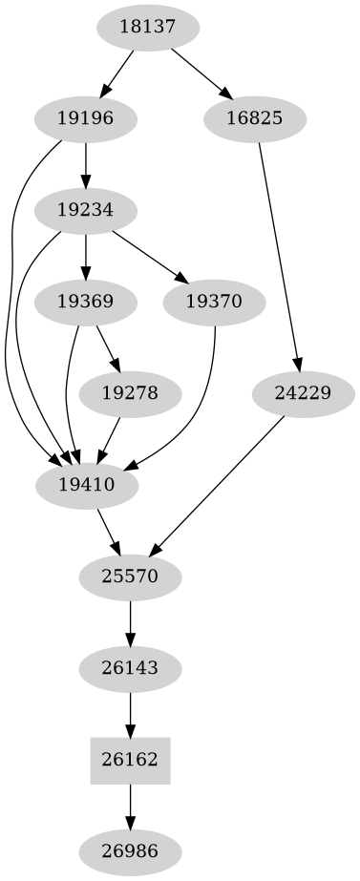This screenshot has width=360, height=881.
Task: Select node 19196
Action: (86, 119)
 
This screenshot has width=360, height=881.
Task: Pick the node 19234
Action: (86, 210)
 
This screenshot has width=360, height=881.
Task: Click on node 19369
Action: (86, 302)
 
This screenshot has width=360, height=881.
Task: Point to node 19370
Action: (214, 302)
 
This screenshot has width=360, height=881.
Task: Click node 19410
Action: (86, 484)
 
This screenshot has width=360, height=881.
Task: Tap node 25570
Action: (129, 576)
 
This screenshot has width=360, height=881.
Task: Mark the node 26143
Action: (129, 666)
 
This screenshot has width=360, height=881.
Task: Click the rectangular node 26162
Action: (129, 759)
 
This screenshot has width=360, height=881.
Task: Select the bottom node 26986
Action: (129, 849)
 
